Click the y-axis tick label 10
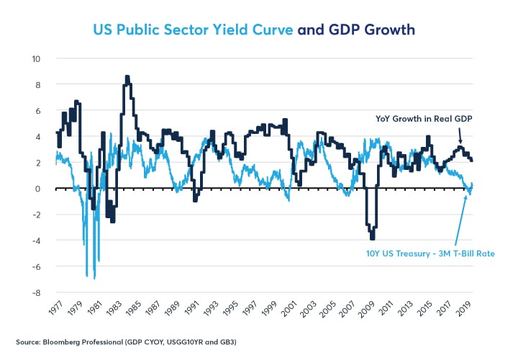pyautogui.click(x=35, y=58)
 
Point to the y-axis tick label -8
pyautogui.click(x=35, y=293)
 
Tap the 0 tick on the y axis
pyautogui.click(x=37, y=189)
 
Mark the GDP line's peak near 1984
pyautogui.click(x=127, y=76)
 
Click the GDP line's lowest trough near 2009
pyautogui.click(x=372, y=239)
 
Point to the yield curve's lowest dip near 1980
pyautogui.click(x=94, y=278)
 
